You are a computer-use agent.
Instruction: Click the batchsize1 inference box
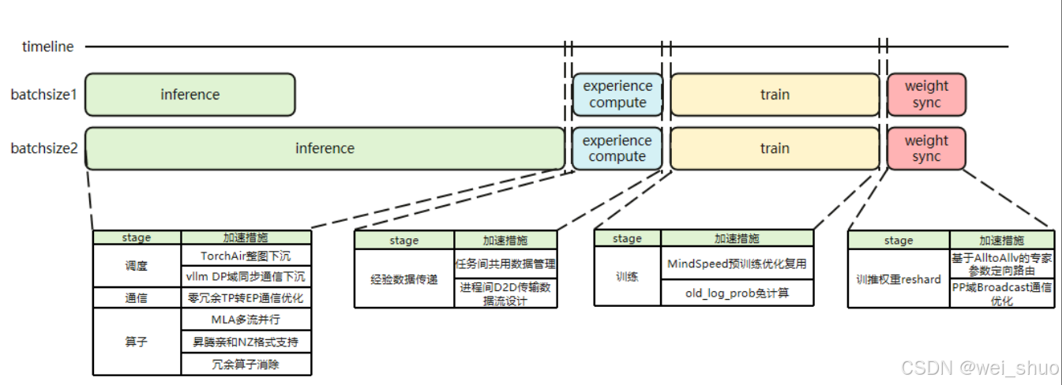tap(190, 95)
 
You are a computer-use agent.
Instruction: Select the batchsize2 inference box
tap(325, 148)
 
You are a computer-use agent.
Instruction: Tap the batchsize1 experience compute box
tap(617, 95)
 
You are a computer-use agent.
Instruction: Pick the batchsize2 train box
tap(774, 148)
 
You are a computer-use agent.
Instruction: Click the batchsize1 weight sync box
tap(926, 95)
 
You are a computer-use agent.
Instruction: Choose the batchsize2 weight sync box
tap(926, 148)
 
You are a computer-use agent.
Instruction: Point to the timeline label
tap(47, 47)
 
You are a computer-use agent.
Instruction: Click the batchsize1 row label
tap(43, 95)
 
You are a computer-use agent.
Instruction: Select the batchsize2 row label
tap(43, 148)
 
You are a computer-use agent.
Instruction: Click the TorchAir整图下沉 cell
tap(246, 256)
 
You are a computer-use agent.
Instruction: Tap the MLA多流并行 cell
tap(246, 320)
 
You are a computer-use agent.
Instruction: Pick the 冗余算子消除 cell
tap(246, 364)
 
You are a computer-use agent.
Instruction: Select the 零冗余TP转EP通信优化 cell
tap(246, 298)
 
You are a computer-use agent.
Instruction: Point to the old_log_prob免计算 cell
tap(737, 292)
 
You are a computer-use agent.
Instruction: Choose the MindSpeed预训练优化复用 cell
tap(737, 263)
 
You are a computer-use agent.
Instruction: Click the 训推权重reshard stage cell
tap(899, 278)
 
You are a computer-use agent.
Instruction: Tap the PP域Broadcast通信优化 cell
tap(1002, 293)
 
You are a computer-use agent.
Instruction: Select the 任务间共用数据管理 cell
tap(505, 263)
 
